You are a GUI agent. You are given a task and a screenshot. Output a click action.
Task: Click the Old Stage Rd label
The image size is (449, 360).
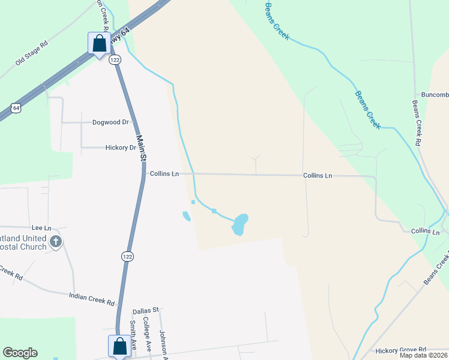tap(31, 53)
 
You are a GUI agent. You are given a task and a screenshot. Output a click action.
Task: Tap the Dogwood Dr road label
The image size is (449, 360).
tap(111, 122)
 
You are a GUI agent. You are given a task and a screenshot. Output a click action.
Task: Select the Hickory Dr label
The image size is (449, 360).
tap(121, 147)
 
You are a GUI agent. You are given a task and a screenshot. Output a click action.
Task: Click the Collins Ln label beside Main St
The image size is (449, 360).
tap(164, 174)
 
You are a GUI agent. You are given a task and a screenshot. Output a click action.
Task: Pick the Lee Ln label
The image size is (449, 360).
tap(41, 228)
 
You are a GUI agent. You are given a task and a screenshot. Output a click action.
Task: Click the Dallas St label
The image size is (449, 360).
tap(146, 310)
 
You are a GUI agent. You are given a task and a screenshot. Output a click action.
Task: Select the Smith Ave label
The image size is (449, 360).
tap(133, 335)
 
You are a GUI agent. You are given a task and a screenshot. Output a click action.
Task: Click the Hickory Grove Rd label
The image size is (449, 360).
tap(400, 349)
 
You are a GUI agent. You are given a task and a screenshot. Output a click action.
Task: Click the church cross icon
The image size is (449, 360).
tap(56, 241)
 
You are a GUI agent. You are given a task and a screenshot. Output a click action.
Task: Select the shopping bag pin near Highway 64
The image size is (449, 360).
tap(98, 43)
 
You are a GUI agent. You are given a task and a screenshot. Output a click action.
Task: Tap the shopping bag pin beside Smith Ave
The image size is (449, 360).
tap(119, 346)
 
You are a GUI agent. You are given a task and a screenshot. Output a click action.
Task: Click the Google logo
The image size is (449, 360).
tap(20, 353)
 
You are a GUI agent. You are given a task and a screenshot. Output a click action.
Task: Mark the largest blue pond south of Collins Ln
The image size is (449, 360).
tap(240, 224)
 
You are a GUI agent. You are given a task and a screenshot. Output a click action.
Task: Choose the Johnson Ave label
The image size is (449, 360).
tap(161, 342)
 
